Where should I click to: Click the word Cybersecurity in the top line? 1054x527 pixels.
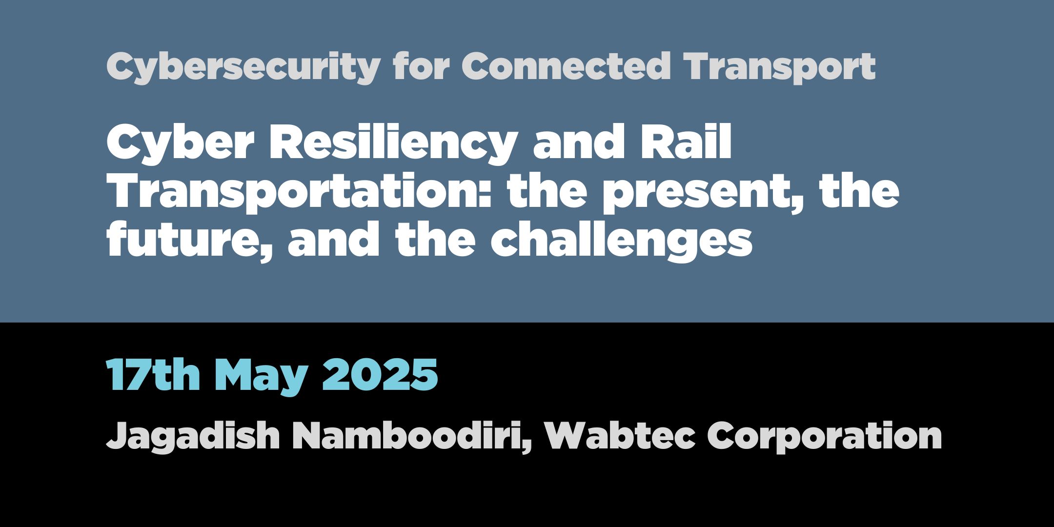tap(243, 67)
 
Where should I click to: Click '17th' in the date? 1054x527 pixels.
tap(153, 375)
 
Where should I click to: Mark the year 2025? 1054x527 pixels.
tap(380, 375)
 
